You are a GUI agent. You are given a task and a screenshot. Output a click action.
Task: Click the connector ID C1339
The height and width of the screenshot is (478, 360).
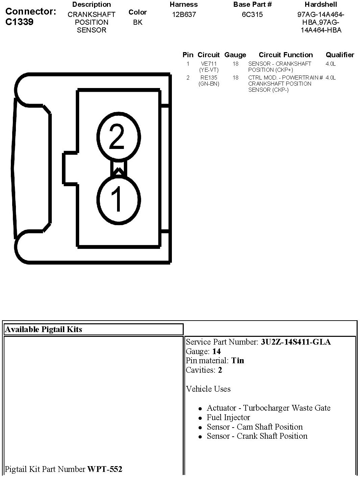coord(20,22)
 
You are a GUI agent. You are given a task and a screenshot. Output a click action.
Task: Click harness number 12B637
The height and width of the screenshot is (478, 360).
coord(184,15)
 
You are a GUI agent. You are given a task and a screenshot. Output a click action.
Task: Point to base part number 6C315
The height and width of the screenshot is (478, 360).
coord(252,15)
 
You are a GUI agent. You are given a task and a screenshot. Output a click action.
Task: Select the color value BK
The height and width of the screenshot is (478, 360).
coord(138,22)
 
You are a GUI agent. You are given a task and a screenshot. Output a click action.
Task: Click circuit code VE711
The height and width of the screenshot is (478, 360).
coord(209,64)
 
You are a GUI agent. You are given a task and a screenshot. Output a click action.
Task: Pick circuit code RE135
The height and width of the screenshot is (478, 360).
coord(209,78)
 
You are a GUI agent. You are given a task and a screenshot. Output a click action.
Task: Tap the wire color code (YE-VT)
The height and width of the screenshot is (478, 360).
coord(209,70)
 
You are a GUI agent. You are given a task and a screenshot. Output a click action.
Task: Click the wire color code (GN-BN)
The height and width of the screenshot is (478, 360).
coord(209,84)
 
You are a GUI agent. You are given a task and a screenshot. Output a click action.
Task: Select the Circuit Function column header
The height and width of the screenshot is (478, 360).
coord(286,55)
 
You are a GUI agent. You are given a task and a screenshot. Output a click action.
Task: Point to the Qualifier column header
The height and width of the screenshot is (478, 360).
coord(340,55)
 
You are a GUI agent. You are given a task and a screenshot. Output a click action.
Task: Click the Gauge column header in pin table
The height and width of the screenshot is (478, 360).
coord(235,55)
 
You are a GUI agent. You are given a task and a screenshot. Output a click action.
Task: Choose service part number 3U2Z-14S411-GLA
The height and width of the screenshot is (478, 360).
coord(296,342)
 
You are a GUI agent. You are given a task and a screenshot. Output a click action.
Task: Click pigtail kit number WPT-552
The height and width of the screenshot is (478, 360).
coord(105,469)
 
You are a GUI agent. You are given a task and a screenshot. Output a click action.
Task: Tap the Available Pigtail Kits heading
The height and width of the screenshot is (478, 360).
coord(43,329)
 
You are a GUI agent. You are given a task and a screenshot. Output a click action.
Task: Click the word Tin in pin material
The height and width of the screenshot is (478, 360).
coord(238,361)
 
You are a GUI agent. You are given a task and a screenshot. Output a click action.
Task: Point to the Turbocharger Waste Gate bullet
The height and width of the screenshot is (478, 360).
coord(268,408)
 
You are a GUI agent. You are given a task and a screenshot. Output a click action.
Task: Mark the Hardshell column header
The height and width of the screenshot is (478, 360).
coord(321,4)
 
